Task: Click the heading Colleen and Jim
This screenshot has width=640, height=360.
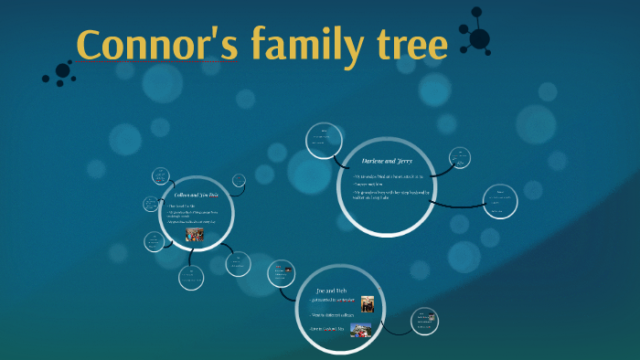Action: [196, 196]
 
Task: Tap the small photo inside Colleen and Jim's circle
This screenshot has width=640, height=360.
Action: [195, 234]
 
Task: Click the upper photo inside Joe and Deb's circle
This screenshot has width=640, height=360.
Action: [367, 303]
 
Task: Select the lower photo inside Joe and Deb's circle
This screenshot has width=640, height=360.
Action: [359, 330]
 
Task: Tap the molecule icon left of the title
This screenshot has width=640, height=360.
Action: [60, 72]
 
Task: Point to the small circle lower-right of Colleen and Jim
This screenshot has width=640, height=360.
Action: [238, 264]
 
